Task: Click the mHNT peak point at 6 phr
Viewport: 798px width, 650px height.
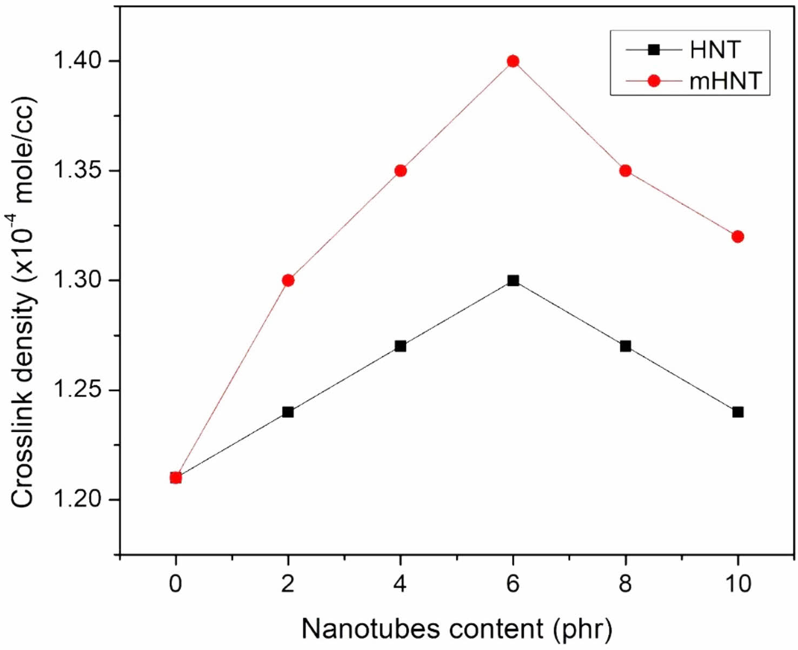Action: click(513, 61)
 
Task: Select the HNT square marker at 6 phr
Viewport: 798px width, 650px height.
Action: click(513, 280)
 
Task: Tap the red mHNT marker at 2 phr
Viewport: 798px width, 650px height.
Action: click(288, 280)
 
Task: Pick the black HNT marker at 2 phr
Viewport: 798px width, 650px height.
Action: click(288, 412)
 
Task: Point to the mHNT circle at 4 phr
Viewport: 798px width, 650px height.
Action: click(401, 171)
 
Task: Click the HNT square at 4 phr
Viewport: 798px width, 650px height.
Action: click(401, 346)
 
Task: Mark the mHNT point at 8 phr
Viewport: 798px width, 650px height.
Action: click(626, 171)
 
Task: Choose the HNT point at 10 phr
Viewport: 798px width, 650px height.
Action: click(738, 412)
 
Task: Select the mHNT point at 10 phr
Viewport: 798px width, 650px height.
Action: click(738, 237)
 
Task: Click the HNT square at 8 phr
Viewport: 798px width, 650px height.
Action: click(626, 346)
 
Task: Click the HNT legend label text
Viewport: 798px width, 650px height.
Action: click(715, 50)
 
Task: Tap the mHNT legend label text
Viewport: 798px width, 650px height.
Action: click(726, 81)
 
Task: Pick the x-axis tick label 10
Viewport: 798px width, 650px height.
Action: click(738, 584)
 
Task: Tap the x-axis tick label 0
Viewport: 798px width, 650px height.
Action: click(175, 584)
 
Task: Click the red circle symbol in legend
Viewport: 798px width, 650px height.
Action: click(654, 81)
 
